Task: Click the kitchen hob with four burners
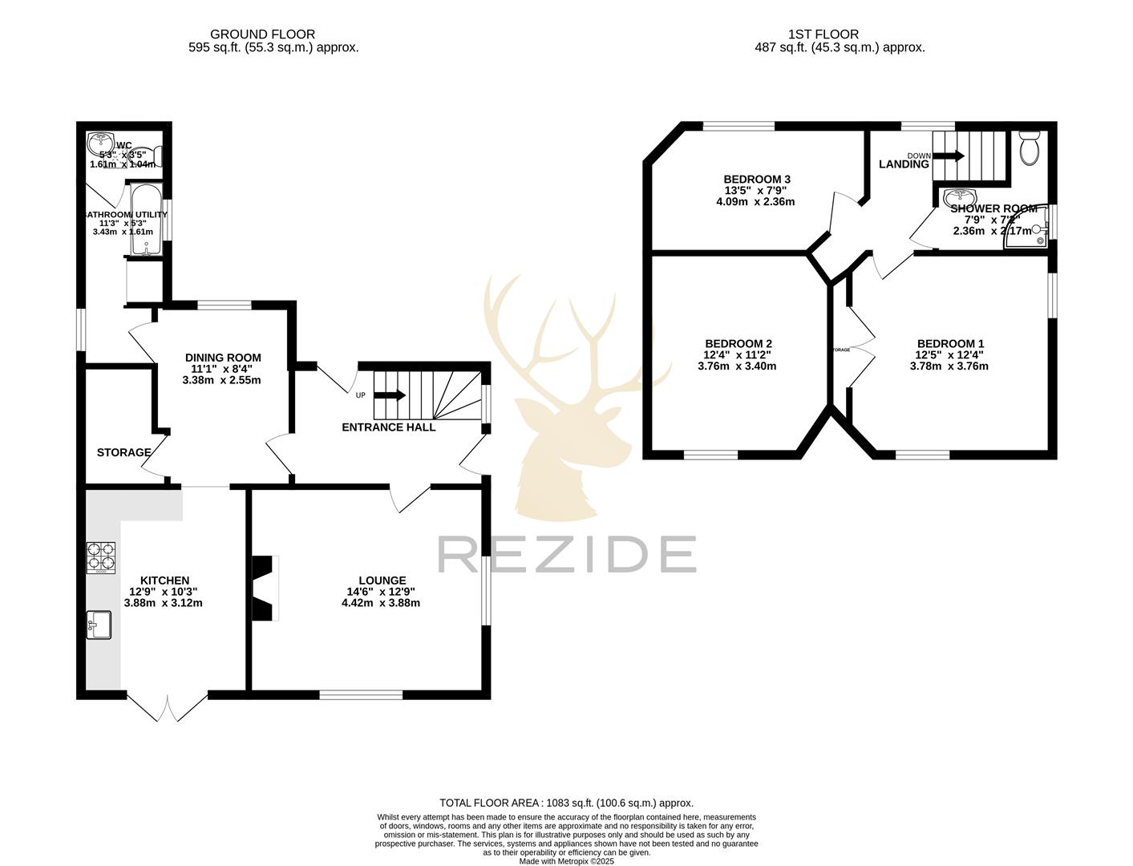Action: pyautogui.click(x=101, y=557)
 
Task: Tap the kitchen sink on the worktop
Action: pyautogui.click(x=99, y=625)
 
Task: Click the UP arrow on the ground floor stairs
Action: pyautogui.click(x=390, y=395)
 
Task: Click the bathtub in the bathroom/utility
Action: pyautogui.click(x=147, y=218)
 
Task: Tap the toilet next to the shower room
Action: pyautogui.click(x=1029, y=148)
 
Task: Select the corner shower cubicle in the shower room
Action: pyautogui.click(x=1030, y=228)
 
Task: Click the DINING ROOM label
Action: pyautogui.click(x=223, y=358)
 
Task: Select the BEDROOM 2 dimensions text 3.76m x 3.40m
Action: pyautogui.click(x=737, y=366)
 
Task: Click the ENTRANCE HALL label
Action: pyautogui.click(x=389, y=427)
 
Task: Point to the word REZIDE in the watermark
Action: pyautogui.click(x=566, y=554)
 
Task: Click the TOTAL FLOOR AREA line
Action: pyautogui.click(x=566, y=803)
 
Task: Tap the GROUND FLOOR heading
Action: pyautogui.click(x=262, y=34)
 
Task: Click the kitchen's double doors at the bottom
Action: pyautogui.click(x=168, y=706)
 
